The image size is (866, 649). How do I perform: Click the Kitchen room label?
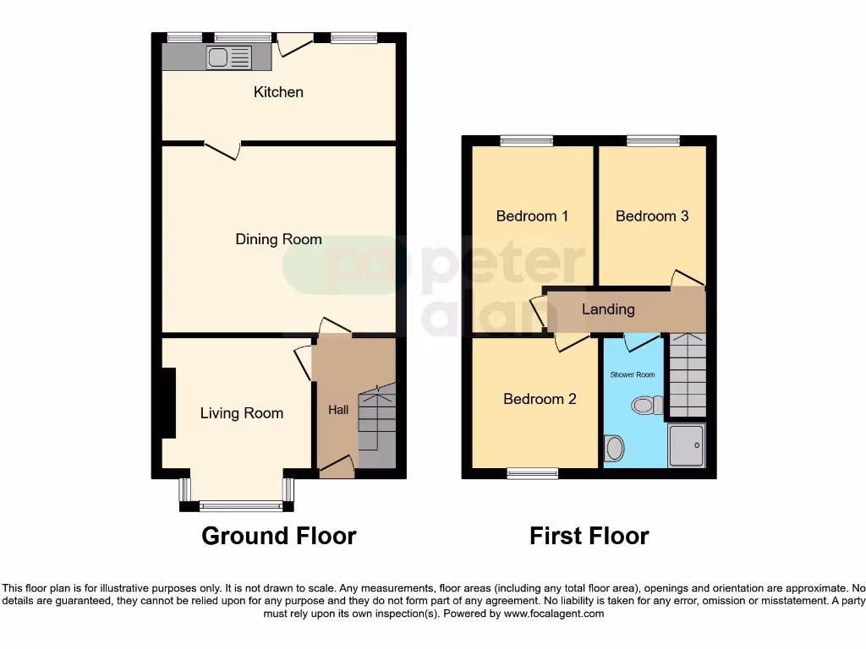(278, 92)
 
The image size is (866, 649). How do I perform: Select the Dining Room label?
(278, 240)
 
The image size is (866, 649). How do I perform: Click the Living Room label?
(241, 413)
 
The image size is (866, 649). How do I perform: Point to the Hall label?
(338, 411)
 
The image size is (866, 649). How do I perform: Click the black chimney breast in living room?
(168, 403)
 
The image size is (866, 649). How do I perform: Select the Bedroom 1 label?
(532, 216)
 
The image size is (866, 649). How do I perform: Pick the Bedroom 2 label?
(540, 399)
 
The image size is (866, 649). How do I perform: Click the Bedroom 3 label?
(652, 216)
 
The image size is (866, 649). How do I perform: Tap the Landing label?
(608, 309)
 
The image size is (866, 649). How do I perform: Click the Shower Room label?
(633, 374)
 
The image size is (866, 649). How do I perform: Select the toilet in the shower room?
(647, 406)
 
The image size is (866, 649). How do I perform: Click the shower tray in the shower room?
(686, 445)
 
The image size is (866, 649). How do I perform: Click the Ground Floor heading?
(278, 536)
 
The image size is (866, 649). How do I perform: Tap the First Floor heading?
(589, 536)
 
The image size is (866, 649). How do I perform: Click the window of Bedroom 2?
(532, 473)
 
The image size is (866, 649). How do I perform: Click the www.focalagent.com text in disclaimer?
(554, 614)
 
